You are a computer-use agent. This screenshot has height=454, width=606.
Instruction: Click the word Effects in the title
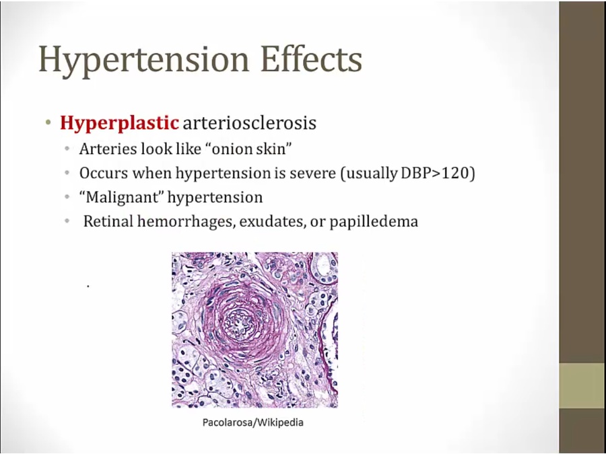(311, 58)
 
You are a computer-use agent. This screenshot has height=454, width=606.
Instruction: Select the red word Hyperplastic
(119, 124)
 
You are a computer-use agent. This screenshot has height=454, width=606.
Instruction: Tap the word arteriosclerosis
(249, 123)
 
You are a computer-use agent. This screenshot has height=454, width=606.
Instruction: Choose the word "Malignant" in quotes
(121, 197)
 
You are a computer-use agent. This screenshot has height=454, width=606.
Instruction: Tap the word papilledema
(374, 222)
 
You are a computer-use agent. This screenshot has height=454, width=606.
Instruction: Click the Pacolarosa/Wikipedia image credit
(253, 422)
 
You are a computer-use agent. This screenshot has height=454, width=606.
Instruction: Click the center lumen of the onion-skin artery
(240, 324)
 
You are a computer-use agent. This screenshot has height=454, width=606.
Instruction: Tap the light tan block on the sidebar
(582, 385)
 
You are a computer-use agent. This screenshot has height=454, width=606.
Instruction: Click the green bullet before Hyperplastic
(48, 123)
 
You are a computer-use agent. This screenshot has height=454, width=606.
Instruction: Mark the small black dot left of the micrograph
(88, 286)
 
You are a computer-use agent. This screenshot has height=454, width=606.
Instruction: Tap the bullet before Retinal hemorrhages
(68, 221)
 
